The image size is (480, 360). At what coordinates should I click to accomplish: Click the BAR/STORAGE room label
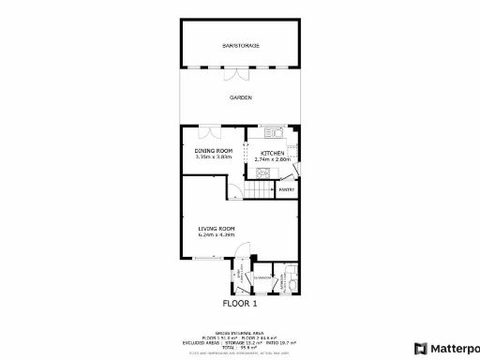point(240,45)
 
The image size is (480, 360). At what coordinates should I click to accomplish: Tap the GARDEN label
point(241,97)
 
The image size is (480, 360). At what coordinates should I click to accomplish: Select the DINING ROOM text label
point(213,151)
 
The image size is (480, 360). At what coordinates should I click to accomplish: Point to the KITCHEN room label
point(273,153)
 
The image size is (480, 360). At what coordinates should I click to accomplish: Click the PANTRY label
point(287,189)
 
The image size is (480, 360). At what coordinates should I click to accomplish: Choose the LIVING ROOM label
point(216,229)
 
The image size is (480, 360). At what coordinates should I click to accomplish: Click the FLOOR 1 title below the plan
point(239,303)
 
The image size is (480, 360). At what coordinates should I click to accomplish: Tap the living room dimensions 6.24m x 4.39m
point(216,235)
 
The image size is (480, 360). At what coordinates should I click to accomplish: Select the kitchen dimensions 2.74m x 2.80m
point(273,159)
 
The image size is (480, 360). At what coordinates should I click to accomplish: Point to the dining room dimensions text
point(213,157)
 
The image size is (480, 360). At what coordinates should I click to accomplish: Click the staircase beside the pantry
point(262,189)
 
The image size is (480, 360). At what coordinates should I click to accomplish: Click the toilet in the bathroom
point(292,278)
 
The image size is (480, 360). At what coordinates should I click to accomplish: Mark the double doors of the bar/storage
point(240,70)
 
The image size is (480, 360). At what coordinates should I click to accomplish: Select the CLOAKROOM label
point(263,277)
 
